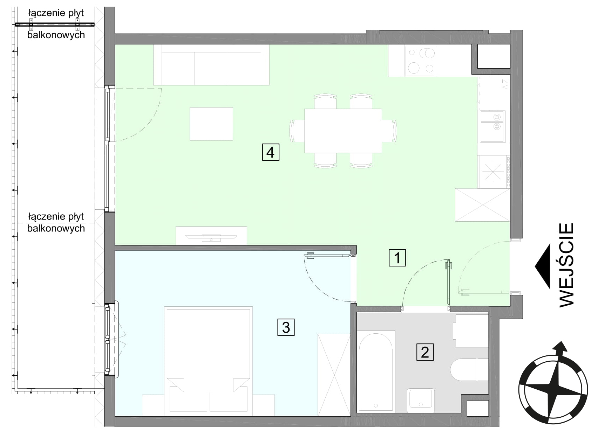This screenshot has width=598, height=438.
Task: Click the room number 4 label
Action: point(271,152)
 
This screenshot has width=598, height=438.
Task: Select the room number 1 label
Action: point(397,258)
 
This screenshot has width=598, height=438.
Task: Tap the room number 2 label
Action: point(425,352)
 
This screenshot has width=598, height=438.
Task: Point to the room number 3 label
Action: point(286,327)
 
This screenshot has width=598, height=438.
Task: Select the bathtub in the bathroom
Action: point(376,371)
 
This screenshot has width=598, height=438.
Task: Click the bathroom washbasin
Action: point(421,400)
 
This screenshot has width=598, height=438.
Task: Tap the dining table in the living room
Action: point(343,131)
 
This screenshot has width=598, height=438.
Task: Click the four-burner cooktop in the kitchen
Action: point(421,61)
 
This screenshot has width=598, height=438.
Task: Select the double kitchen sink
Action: point(492,127)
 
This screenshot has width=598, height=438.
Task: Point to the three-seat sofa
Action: point(211,65)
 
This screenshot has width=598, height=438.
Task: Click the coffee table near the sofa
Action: point(211,124)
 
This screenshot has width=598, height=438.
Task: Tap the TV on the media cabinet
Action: point(211,237)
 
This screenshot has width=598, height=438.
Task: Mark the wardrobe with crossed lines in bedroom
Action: point(334,375)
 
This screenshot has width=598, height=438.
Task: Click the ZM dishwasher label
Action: point(504,84)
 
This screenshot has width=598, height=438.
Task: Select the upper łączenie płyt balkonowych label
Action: point(56,24)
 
